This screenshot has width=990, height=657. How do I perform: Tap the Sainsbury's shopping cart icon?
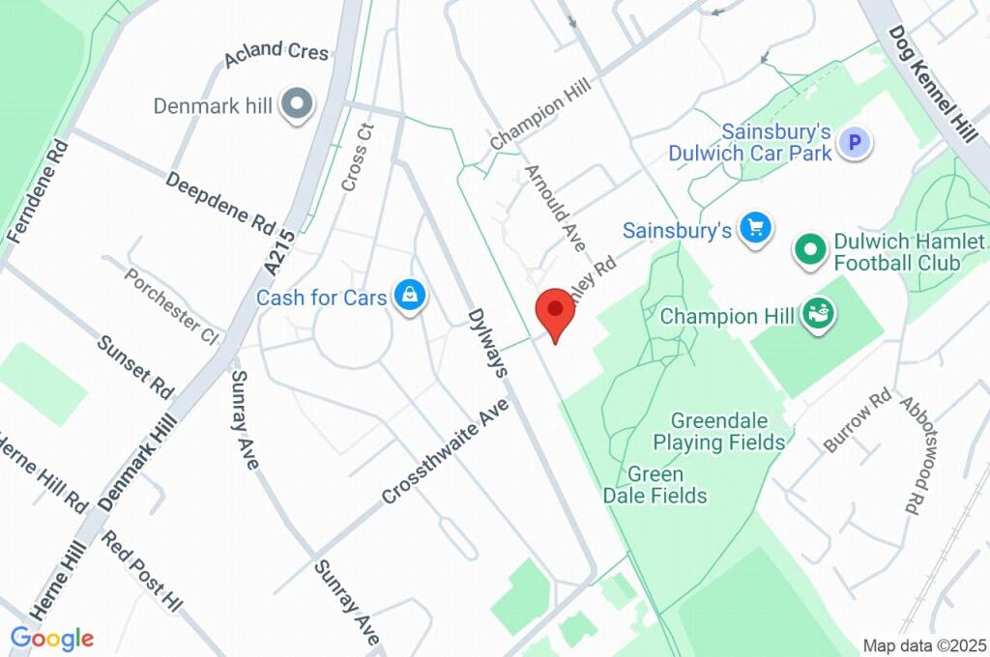[x=755, y=229]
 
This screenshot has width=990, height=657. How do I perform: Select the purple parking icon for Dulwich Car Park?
[x=854, y=144]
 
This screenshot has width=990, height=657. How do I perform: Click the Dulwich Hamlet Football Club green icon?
[x=809, y=250]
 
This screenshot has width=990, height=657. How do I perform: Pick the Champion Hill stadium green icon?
[x=823, y=314]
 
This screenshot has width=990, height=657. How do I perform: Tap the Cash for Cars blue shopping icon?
[x=410, y=297]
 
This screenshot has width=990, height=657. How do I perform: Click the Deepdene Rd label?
[x=220, y=203]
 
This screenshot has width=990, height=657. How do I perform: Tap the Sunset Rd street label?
[x=136, y=367]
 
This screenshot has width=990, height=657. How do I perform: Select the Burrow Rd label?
[x=857, y=421]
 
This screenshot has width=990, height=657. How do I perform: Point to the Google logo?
[x=52, y=638]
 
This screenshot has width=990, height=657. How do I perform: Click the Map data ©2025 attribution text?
[x=924, y=644]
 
